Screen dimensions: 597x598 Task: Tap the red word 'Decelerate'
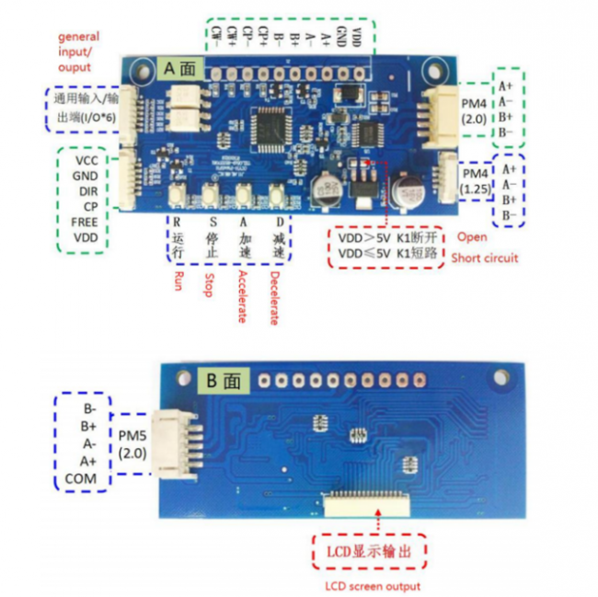[274, 297]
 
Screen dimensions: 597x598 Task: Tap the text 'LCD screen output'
[374, 586]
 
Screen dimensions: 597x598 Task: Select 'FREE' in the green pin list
[85, 222]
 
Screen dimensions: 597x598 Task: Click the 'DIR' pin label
[85, 190]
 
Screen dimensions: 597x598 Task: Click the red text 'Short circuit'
[484, 258]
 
